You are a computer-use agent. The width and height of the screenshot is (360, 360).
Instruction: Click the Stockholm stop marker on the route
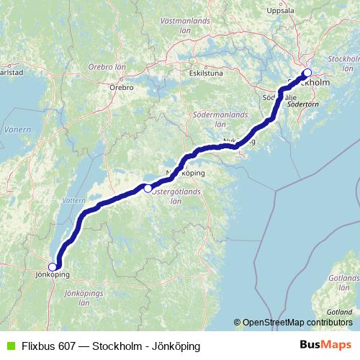click(307, 73)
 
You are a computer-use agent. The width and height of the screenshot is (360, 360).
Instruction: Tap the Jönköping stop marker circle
click(52, 267)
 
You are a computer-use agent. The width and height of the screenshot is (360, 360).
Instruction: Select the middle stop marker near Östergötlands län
click(148, 189)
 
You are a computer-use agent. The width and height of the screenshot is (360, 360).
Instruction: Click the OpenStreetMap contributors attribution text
click(297, 322)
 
